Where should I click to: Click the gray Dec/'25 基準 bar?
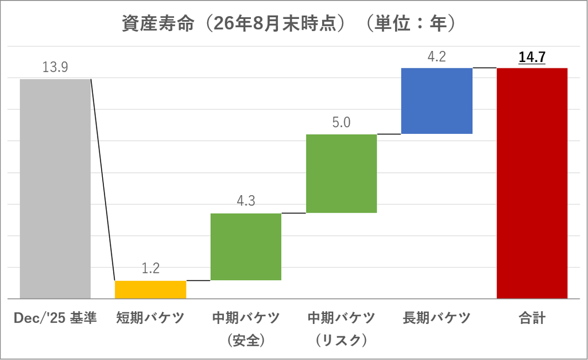[55, 189]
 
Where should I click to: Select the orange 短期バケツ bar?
[150, 289]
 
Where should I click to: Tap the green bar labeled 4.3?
[246, 247]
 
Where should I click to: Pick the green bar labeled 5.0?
[341, 173]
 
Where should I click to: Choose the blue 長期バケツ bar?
[437, 101]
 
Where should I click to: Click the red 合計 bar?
[532, 183]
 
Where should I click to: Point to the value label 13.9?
[55, 67]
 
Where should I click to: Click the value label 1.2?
[151, 268]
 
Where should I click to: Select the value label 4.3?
[246, 201]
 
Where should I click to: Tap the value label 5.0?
[341, 122]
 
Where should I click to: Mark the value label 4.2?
[437, 57]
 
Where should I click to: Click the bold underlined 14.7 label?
[532, 57]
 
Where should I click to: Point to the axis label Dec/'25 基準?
[55, 318]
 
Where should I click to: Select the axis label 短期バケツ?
[150, 318]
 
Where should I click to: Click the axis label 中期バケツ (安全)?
[246, 329]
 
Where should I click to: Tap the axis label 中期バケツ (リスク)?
[341, 329]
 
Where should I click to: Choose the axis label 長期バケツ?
[437, 318]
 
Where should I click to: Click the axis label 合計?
[532, 318]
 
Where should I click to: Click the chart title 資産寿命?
[158, 23]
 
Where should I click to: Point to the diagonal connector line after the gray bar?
[103, 180]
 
